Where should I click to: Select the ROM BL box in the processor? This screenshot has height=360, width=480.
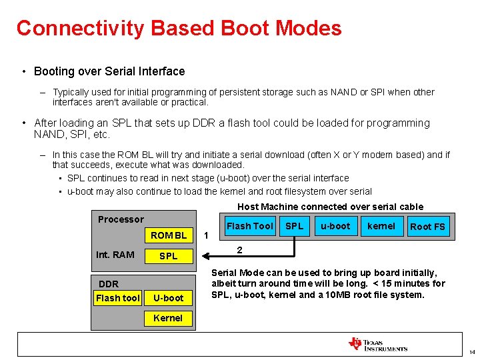[169, 235]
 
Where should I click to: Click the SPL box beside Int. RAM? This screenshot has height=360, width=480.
[169, 256]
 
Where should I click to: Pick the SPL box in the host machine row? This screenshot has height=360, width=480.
[294, 226]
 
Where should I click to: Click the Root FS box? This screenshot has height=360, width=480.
[427, 227]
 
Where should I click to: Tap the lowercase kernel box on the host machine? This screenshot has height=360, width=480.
[381, 226]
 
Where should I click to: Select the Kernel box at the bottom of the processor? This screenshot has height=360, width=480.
[168, 318]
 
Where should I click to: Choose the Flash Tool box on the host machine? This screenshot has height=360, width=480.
[249, 226]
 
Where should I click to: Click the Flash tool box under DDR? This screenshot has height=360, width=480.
[118, 298]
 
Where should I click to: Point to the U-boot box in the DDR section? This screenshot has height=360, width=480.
[169, 298]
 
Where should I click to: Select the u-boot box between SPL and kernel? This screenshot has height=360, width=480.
[335, 226]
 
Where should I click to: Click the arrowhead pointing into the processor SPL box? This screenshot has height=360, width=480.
[204, 256]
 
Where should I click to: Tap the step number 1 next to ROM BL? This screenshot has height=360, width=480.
[206, 235]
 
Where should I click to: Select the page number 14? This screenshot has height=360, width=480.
[471, 352]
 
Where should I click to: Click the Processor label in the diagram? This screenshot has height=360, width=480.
[121, 219]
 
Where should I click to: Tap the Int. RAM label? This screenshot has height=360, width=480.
[115, 255]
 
